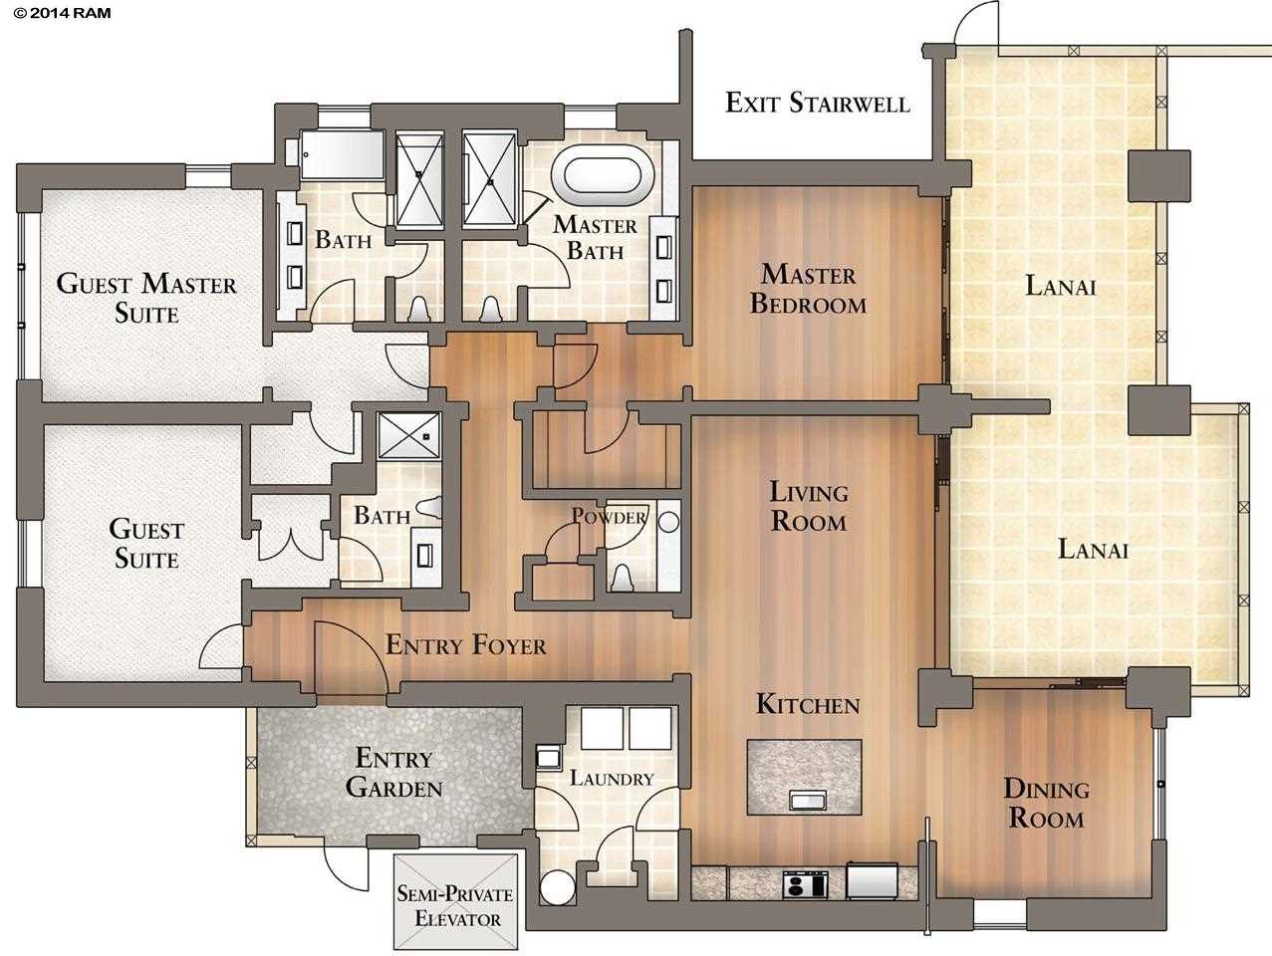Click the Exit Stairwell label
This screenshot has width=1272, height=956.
pos(818,104)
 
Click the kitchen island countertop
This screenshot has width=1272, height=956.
pos(805,777)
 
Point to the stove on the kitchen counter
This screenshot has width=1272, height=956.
pos(805,884)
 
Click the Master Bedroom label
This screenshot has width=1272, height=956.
pos(809,289)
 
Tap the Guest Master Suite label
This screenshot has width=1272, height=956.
pos(146,299)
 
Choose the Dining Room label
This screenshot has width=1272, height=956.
pos(1047,803)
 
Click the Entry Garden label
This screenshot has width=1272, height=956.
pos(394,773)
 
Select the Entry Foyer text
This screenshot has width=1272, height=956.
pos(466,645)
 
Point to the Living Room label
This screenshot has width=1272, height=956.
pos(809,507)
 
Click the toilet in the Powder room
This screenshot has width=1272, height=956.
pos(622,577)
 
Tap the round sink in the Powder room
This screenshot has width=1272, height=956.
pos(668,522)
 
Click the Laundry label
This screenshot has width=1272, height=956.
pos(612,778)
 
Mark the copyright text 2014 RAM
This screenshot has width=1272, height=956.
pos(62,13)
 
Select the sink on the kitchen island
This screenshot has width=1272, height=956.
pos(808,800)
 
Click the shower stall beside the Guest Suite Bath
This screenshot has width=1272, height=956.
pos(408,436)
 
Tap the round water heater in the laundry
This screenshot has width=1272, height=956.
pos(558,887)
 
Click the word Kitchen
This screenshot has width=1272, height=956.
pos(809,704)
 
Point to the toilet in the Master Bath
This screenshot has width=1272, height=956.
pos(491,309)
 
